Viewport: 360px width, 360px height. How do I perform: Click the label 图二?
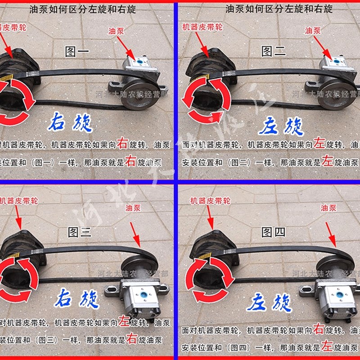pyautogui.click(x=274, y=51)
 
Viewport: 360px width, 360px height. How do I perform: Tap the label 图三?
pyautogui.click(x=79, y=232)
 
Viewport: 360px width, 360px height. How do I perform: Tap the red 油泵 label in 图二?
pyautogui.click(x=313, y=31)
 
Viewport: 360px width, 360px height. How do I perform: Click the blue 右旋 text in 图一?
pyautogui.click(x=71, y=122)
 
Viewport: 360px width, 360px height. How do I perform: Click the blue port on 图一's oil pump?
pyautogui.click(x=140, y=62)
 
